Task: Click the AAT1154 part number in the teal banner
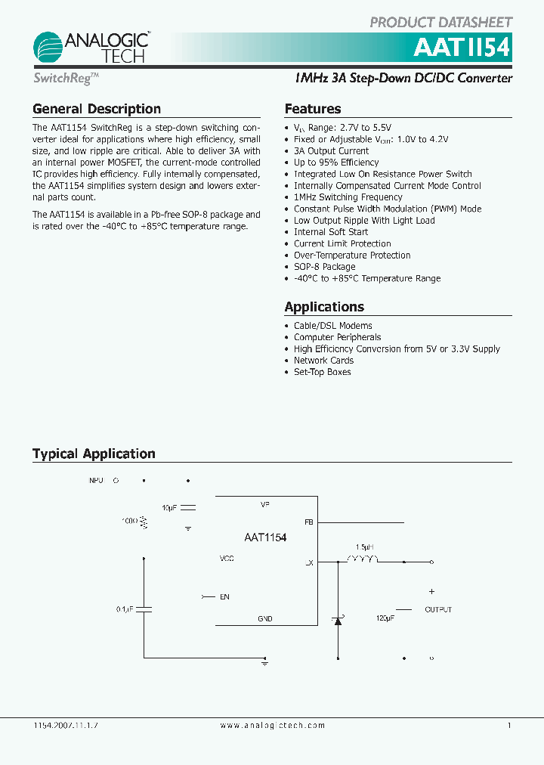coord(462,48)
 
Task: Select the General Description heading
coord(97,109)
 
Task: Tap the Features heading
coord(313,109)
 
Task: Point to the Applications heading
coord(324,307)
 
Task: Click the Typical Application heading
coord(94,454)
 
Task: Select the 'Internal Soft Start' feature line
coord(331,232)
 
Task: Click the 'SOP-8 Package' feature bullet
coord(324,267)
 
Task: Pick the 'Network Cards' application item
coord(323,361)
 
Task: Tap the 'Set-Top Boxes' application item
coord(322,372)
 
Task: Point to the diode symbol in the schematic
coord(338,620)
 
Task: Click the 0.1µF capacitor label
coord(125,609)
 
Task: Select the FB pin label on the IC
coord(308,522)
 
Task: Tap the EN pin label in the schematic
coord(224,597)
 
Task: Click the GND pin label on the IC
coord(265,619)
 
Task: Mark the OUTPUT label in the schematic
coord(438,609)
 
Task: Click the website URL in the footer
coord(273,726)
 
